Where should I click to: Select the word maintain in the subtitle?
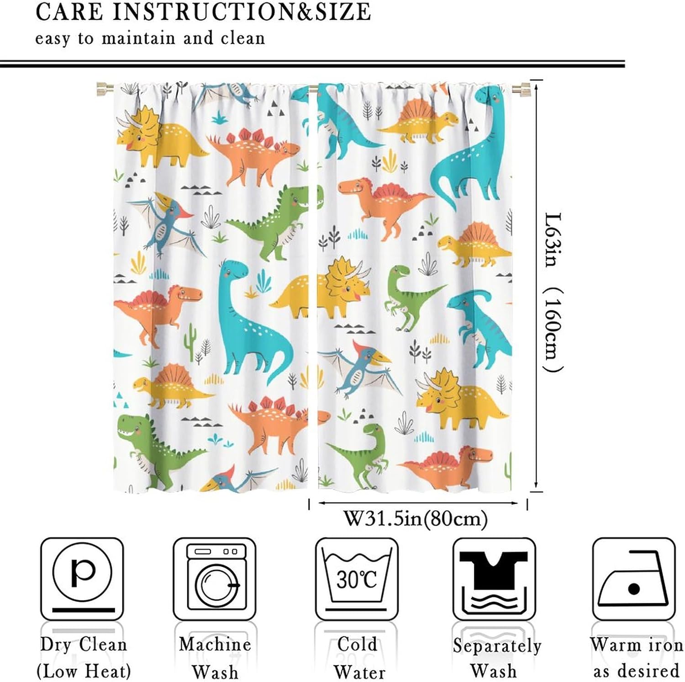[138, 37]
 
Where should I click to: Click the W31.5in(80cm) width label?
[416, 519]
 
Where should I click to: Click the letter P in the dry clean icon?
[83, 572]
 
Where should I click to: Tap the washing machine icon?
[215, 579]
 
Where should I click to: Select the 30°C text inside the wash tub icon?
[357, 579]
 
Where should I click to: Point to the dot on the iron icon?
[634, 588]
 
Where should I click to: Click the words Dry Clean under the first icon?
[83, 645]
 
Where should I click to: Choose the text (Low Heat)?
[84, 671]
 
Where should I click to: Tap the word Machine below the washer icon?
[215, 644]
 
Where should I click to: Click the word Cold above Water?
[358, 644]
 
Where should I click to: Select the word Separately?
[497, 646]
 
